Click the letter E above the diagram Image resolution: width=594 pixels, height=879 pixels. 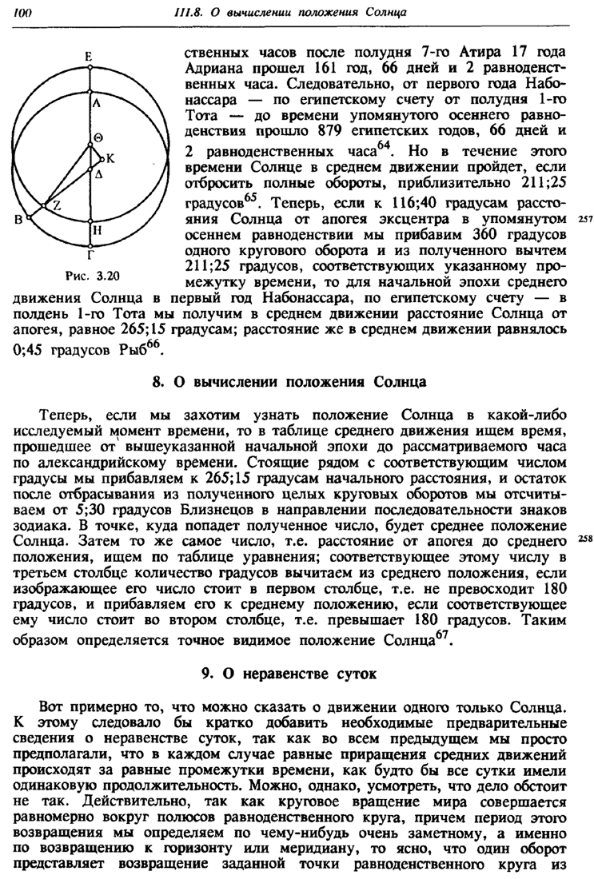pyautogui.click(x=90, y=56)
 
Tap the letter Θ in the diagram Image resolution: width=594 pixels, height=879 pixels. pyautogui.click(x=98, y=137)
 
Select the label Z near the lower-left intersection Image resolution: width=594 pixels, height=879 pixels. pyautogui.click(x=57, y=206)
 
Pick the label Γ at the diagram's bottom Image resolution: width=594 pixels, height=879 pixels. pyautogui.click(x=93, y=255)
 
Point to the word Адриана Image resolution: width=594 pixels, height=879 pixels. pyautogui.click(x=212, y=70)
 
